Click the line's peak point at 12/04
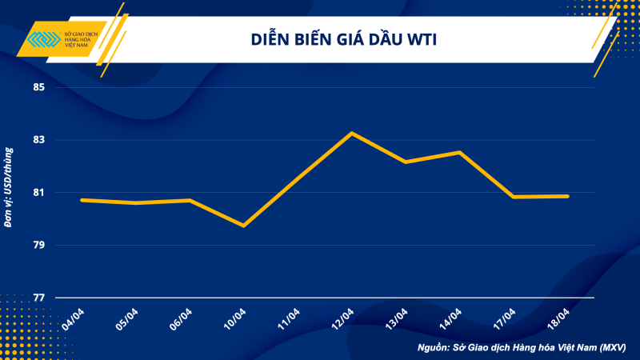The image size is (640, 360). point(351,133)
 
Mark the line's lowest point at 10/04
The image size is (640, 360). point(243,226)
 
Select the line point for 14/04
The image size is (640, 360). point(459,152)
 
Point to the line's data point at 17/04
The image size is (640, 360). point(513,197)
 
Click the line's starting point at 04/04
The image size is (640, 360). point(82,200)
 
